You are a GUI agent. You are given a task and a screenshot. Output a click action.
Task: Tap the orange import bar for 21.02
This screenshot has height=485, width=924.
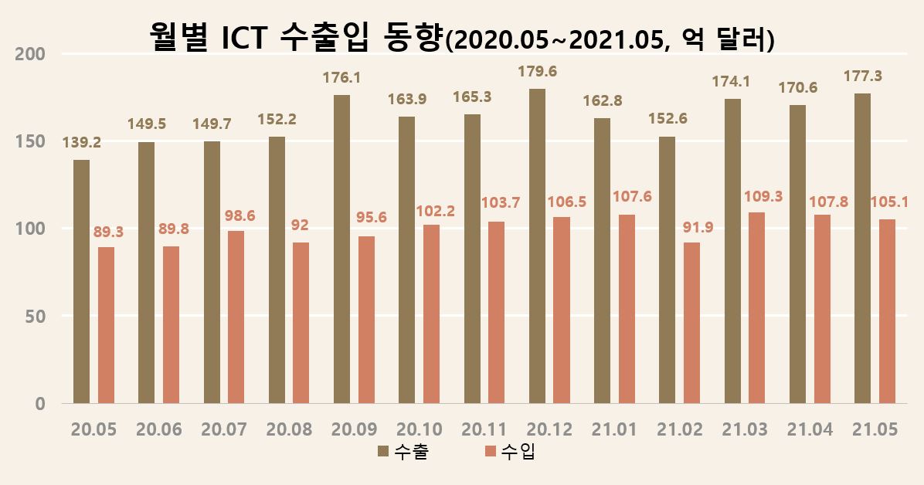pyautogui.click(x=691, y=323)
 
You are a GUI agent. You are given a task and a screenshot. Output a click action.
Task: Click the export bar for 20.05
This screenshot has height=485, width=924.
pyautogui.click(x=81, y=281)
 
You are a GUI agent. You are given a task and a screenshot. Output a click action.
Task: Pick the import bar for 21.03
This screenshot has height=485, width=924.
pyautogui.click(x=757, y=307)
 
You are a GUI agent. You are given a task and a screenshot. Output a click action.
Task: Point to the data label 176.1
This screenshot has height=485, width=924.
pyautogui.click(x=341, y=78)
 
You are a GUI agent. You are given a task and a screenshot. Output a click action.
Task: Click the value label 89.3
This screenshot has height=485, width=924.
pyautogui.click(x=108, y=231)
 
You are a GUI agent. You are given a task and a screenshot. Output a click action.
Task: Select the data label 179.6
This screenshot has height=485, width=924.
pyautogui.click(x=537, y=72)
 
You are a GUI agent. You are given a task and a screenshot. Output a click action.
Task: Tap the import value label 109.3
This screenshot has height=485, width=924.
pyautogui.click(x=763, y=196)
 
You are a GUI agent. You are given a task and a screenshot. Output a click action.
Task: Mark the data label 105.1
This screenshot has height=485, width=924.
pyautogui.click(x=888, y=203)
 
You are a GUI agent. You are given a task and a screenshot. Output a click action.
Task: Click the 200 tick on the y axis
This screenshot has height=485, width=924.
pyautogui.click(x=30, y=54)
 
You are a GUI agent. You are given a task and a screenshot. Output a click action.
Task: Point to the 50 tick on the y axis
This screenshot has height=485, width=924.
pyautogui.click(x=34, y=317)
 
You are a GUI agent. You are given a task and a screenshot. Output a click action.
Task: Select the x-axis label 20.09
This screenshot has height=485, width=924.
pyautogui.click(x=353, y=430)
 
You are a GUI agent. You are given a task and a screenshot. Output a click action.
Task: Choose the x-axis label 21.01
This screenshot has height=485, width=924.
pyautogui.click(x=613, y=430)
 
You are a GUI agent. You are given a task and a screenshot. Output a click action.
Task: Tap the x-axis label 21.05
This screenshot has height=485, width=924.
pyautogui.click(x=874, y=430)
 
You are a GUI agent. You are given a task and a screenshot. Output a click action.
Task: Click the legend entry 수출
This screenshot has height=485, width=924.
pyautogui.click(x=403, y=452)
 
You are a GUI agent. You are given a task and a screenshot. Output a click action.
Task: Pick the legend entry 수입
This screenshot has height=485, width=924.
pyautogui.click(x=509, y=452)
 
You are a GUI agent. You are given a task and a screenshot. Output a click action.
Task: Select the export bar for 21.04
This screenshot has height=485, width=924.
pyautogui.click(x=797, y=254)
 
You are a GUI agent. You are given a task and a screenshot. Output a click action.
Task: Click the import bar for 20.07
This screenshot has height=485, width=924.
pyautogui.click(x=236, y=317)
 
